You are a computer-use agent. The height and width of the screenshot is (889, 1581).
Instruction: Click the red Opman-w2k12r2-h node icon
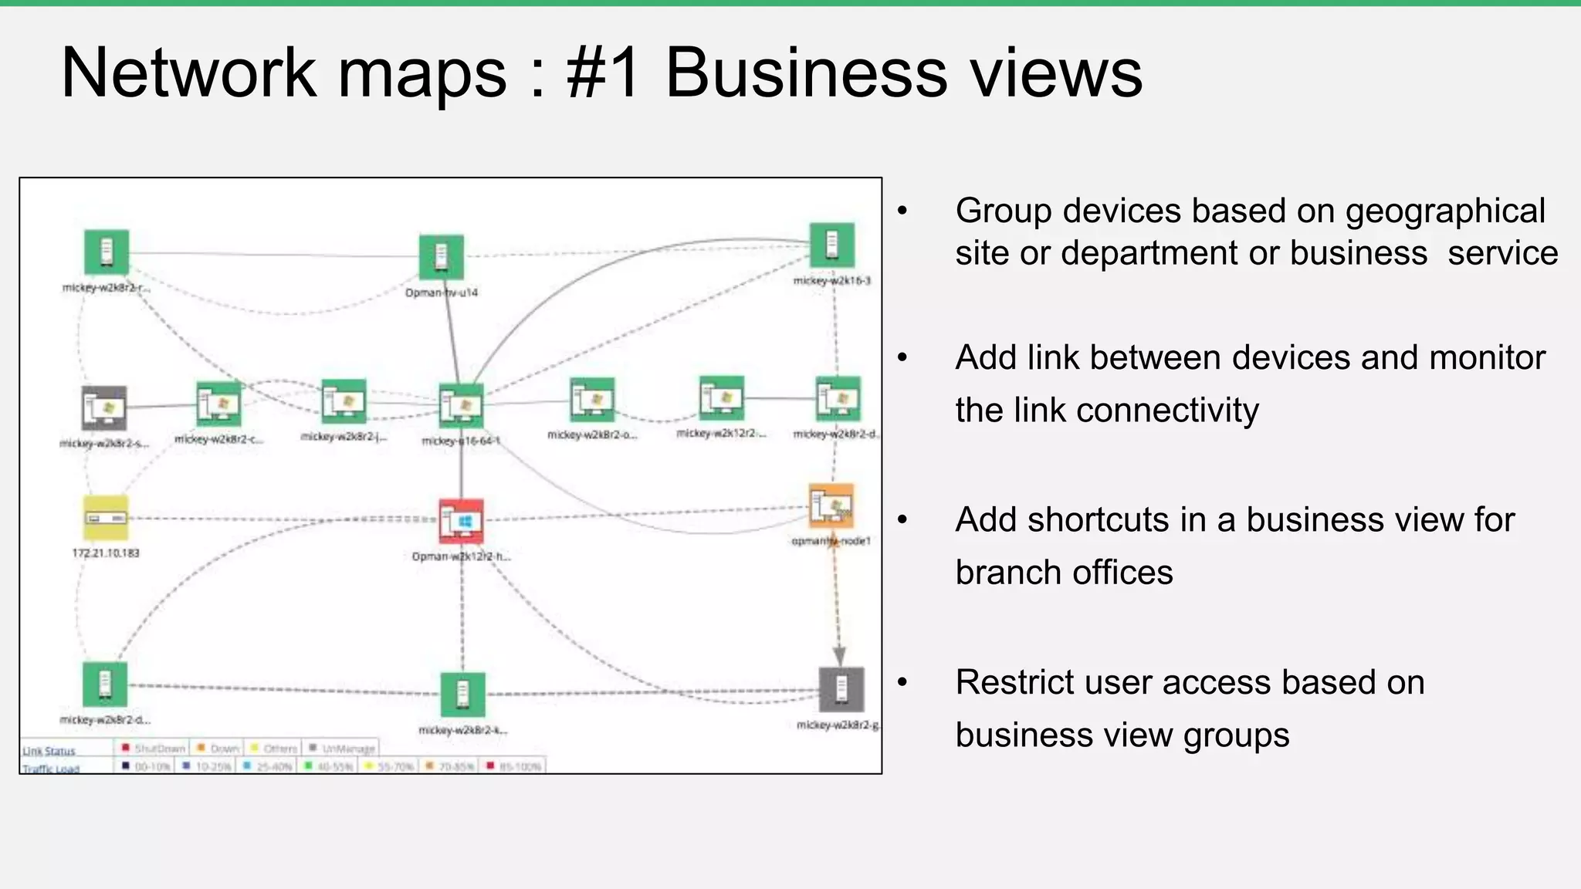point(462,521)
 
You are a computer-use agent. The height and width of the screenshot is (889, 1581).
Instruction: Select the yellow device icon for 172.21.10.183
point(106,518)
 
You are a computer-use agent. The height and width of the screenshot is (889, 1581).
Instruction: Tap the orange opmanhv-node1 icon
point(831,506)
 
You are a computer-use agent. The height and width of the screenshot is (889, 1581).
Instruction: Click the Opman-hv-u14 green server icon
point(442,257)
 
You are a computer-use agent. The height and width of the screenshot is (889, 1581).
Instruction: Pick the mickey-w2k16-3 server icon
point(832,245)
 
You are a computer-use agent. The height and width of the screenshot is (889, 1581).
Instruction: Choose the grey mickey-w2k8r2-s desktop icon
point(104,408)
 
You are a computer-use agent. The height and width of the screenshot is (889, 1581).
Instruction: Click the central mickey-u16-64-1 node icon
point(462,406)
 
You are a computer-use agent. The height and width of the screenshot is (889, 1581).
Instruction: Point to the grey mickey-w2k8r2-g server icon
point(841,689)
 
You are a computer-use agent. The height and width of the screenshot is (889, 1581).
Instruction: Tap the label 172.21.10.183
point(106,553)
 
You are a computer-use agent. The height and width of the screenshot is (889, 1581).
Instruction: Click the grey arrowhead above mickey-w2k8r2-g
point(840,656)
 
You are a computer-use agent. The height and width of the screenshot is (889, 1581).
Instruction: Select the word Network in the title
point(188,73)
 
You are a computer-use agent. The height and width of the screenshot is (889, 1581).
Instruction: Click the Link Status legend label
point(49,751)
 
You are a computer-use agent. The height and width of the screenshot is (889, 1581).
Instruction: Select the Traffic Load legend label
point(51,769)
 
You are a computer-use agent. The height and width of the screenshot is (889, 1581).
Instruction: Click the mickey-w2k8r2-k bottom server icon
point(463,695)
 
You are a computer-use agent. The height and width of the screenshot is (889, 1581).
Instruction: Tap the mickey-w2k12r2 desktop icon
point(722,398)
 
